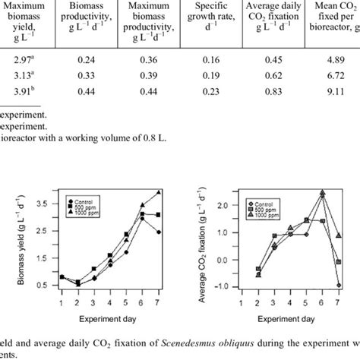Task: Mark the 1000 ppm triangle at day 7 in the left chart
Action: (x=159, y=193)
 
